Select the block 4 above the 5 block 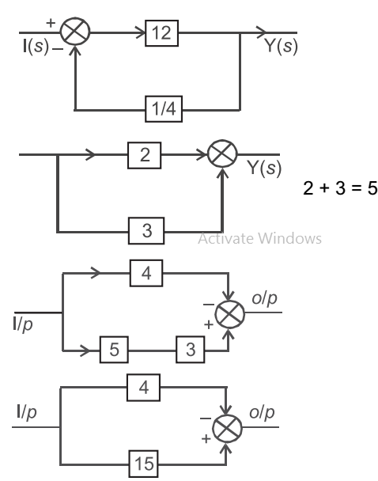[x=147, y=276]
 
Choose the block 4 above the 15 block [x=146, y=388]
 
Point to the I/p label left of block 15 [x=28, y=414]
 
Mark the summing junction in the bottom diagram [x=229, y=427]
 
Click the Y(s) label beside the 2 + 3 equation [x=258, y=169]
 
